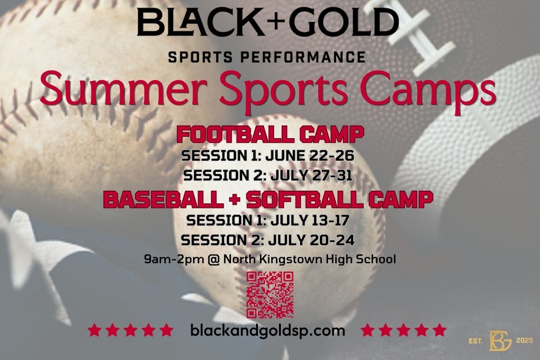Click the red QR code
tap(270, 295)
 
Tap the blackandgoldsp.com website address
tap(268, 331)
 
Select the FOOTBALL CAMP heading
tap(270, 135)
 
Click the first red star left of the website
tap(94, 331)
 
